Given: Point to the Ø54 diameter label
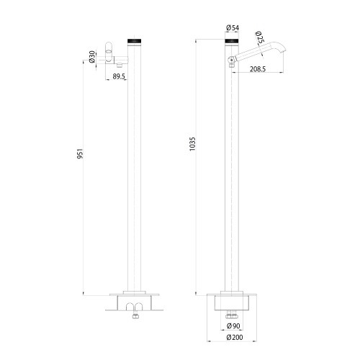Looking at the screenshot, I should click(232, 28).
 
